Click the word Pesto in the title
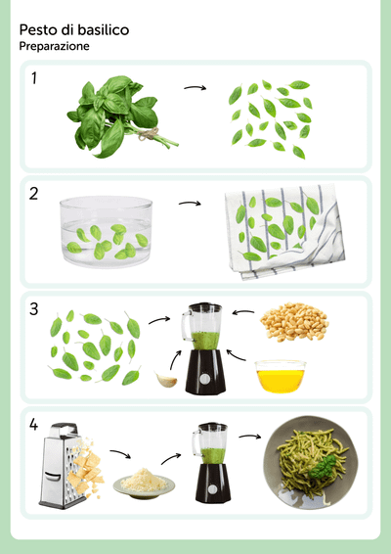(x=38, y=30)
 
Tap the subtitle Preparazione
(x=54, y=46)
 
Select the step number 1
(x=34, y=78)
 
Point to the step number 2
(x=33, y=194)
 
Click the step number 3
(x=33, y=309)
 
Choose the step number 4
(x=33, y=425)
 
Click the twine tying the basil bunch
(x=149, y=134)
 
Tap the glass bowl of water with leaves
(x=106, y=232)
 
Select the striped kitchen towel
(x=284, y=231)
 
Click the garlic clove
(x=166, y=379)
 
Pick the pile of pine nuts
(x=294, y=321)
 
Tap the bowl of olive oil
(x=281, y=377)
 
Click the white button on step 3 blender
(x=204, y=379)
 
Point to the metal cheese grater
(x=60, y=466)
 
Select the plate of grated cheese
(x=144, y=483)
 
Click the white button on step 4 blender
(x=212, y=489)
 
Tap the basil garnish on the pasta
(x=323, y=466)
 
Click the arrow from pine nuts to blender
(x=242, y=312)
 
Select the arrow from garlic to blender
(x=175, y=359)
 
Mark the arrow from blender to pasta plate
(x=250, y=437)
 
